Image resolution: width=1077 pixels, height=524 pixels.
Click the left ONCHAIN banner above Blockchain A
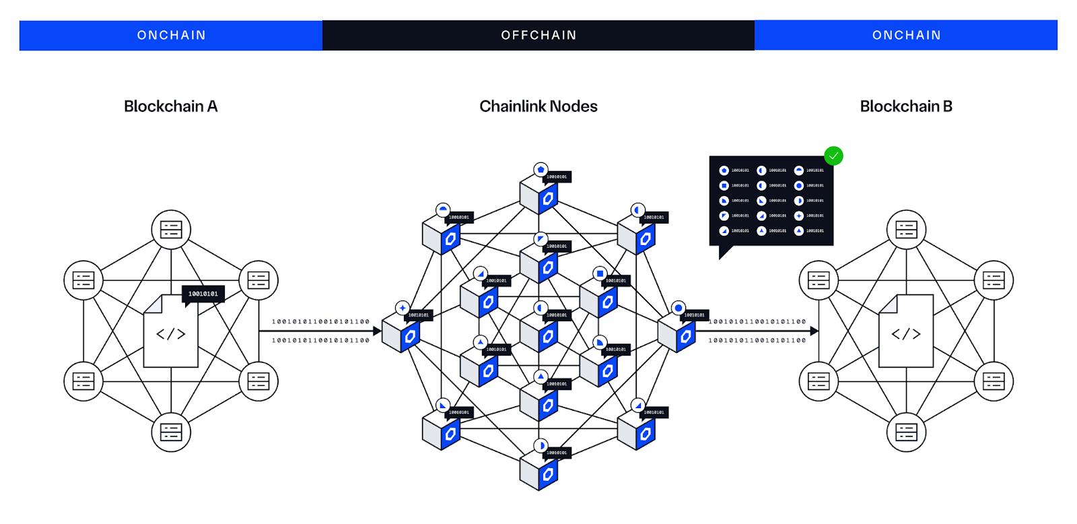(x=171, y=35)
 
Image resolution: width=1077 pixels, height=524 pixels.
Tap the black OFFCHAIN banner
(x=538, y=35)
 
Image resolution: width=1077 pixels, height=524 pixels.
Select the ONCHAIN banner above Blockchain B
(x=906, y=35)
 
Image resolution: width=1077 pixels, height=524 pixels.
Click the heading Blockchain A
(x=170, y=106)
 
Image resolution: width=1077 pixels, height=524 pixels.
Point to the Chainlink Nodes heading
(x=538, y=106)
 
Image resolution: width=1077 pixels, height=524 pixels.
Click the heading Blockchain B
(x=906, y=106)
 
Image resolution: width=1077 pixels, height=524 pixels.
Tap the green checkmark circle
(x=833, y=156)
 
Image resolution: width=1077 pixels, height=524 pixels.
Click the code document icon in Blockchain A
(x=170, y=331)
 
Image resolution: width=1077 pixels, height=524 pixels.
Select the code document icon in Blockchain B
(x=906, y=331)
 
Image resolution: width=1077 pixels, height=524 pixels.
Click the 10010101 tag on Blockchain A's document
(x=203, y=294)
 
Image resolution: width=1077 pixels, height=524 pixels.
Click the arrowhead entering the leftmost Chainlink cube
(x=377, y=331)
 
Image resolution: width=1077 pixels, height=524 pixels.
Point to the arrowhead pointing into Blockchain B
(x=814, y=331)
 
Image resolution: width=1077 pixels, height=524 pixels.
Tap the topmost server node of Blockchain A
(x=171, y=230)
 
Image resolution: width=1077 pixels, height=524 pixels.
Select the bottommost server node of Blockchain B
(x=906, y=432)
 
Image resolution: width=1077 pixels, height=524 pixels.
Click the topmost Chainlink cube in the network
(x=538, y=195)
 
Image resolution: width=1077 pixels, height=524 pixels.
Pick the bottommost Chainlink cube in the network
(x=538, y=471)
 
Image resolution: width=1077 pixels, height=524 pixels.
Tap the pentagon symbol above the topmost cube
(x=541, y=170)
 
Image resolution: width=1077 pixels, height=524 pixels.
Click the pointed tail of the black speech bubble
(x=724, y=253)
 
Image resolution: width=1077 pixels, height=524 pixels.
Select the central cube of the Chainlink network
(x=538, y=333)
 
